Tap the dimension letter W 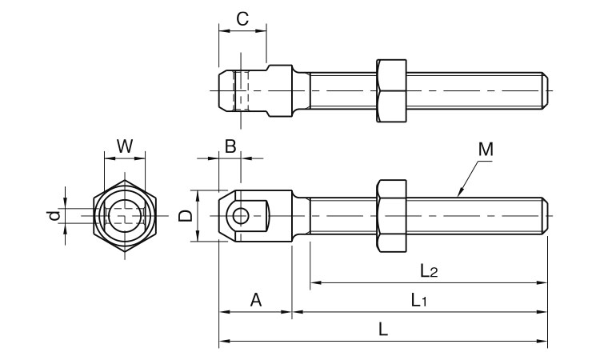125,146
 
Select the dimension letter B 229,146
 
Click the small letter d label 53,216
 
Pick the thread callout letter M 485,150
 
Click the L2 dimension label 429,270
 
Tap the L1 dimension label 419,300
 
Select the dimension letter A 255,300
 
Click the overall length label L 383,330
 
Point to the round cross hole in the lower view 239,216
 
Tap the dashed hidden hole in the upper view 241,90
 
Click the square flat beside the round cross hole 262,216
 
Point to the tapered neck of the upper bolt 303,90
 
